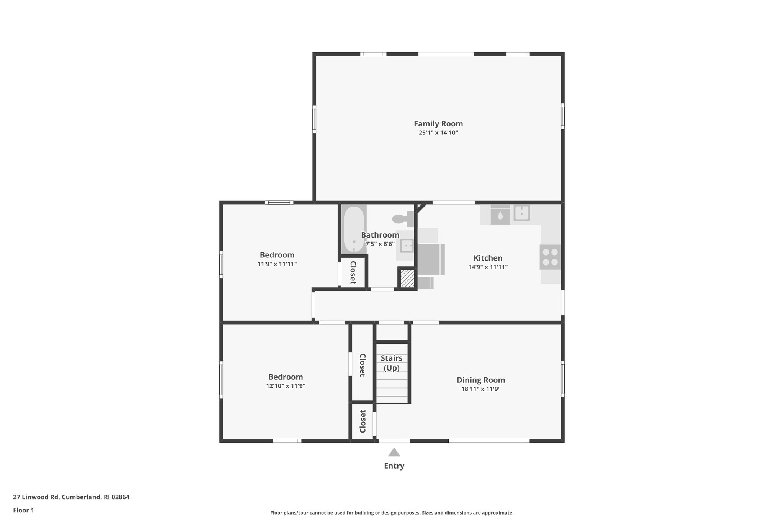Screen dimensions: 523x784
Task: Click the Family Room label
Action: (438, 124)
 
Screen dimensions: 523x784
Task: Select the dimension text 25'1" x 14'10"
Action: (438, 133)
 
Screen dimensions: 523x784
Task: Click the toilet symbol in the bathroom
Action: (402, 219)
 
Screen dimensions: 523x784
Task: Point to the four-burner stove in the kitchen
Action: (550, 257)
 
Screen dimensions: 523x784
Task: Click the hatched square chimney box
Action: (407, 279)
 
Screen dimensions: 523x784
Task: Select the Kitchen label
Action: (488, 258)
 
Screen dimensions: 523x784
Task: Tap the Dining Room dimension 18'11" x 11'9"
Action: (481, 389)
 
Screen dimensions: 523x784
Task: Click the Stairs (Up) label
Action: (391, 363)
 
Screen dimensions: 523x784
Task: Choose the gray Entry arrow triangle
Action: (394, 453)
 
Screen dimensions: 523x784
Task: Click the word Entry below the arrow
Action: (394, 466)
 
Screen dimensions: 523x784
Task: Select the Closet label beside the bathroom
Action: (353, 272)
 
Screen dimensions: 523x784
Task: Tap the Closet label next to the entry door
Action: (363, 421)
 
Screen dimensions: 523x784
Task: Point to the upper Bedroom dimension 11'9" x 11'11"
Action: (277, 264)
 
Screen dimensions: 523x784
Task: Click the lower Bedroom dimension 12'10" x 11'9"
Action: (286, 386)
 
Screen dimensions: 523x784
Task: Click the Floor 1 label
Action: (23, 510)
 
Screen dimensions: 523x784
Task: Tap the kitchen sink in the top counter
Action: (521, 213)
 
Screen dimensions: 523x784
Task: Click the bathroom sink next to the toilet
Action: (407, 246)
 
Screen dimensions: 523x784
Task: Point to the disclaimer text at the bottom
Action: (392, 513)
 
